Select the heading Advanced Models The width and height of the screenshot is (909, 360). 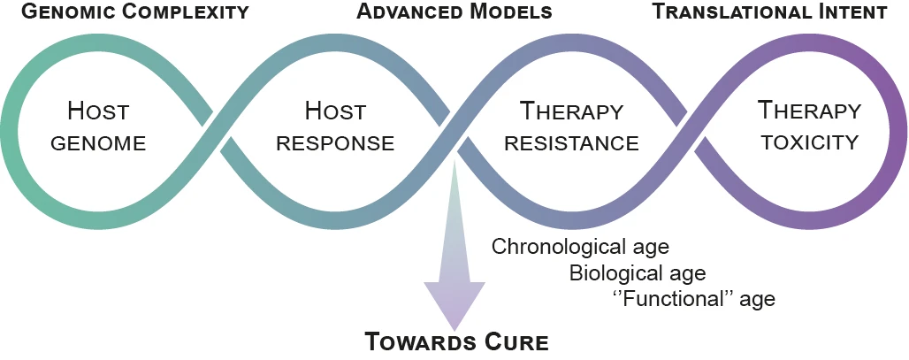(x=454, y=11)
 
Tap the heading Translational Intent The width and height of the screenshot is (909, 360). (x=770, y=11)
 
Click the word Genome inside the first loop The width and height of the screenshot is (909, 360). (x=98, y=143)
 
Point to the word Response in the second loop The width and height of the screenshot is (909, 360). (x=336, y=143)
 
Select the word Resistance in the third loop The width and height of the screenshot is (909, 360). (x=571, y=143)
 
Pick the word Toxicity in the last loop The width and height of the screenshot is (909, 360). (x=809, y=142)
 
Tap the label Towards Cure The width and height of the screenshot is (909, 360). (x=456, y=342)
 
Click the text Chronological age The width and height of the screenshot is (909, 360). (x=580, y=247)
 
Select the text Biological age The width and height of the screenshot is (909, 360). (x=638, y=272)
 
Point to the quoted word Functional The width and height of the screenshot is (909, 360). (x=675, y=298)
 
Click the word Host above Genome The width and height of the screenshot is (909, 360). (x=98, y=111)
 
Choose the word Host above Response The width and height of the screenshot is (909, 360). (x=336, y=111)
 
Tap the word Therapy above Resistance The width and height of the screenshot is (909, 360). (x=571, y=111)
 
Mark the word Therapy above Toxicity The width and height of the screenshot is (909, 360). (x=809, y=110)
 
